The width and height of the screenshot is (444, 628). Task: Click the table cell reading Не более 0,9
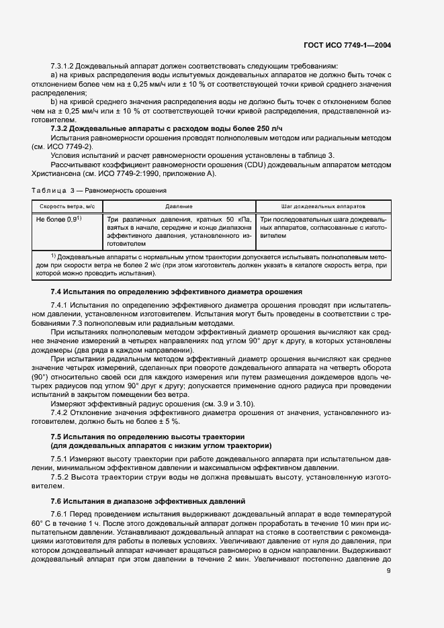58,220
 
